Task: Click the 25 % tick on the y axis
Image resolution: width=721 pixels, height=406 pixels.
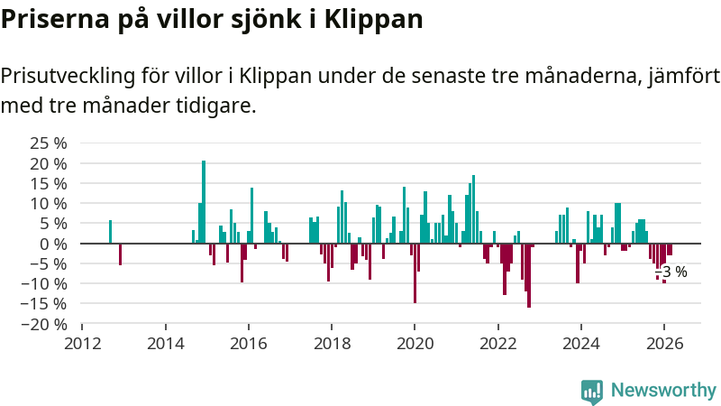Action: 49,143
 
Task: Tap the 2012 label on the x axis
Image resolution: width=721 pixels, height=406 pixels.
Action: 82,344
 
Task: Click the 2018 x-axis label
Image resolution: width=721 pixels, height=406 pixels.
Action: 331,344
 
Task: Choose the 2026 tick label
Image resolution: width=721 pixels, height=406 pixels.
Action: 663,344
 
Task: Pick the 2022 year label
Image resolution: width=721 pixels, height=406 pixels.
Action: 497,344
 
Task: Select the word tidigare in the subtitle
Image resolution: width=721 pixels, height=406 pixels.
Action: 215,106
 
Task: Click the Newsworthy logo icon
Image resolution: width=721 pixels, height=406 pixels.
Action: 592,391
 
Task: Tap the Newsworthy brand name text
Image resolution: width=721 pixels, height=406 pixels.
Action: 663,391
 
